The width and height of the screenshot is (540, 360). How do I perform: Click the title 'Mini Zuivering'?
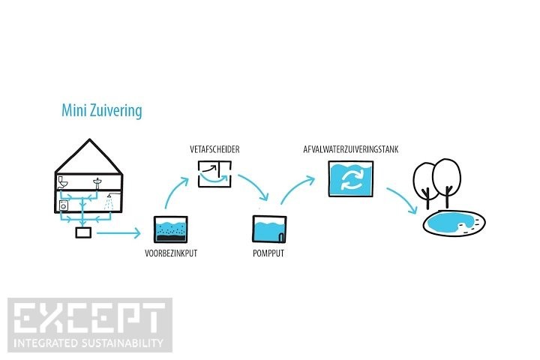coord(101,111)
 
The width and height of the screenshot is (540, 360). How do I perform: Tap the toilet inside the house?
coord(63,182)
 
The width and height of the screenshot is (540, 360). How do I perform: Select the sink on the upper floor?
coord(99,182)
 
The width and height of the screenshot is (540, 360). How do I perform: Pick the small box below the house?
coord(83,233)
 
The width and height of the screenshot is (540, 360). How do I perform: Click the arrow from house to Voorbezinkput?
coord(119,234)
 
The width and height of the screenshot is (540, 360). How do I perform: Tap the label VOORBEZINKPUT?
coord(170,253)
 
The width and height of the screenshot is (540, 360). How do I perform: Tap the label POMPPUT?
coord(268,253)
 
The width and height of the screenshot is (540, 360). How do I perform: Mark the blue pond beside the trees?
coord(452,222)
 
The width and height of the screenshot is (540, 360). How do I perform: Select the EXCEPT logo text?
coord(89,318)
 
